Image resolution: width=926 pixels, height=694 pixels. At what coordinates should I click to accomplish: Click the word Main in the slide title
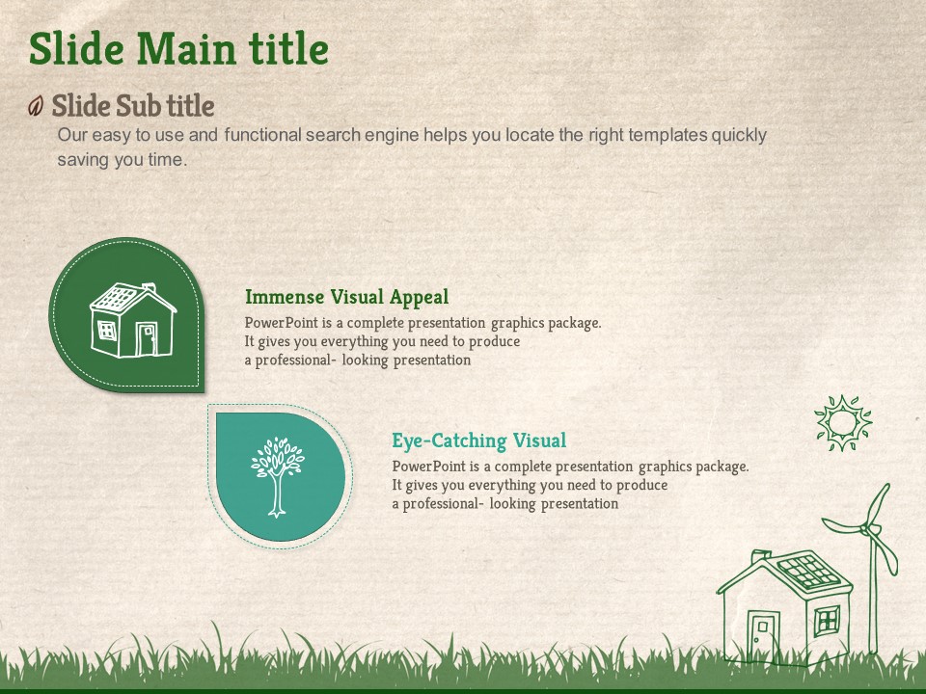186,48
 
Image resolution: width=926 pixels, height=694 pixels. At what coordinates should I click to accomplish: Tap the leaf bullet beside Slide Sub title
36,106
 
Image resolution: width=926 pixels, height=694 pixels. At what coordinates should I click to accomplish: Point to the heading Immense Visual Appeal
346,297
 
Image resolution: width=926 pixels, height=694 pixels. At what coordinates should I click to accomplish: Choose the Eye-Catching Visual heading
479,440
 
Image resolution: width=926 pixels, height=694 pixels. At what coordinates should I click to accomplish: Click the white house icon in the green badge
132,320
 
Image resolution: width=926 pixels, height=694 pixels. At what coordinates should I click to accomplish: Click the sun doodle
843,423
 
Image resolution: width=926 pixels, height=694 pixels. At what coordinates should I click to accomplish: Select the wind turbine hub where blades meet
867,529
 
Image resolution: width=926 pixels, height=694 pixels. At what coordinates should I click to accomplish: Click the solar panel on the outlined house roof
808,571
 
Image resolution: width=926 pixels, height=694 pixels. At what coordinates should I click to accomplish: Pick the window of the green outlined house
827,621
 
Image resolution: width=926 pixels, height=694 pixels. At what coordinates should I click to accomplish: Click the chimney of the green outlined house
760,556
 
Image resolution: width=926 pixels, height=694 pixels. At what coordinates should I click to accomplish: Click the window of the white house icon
107,331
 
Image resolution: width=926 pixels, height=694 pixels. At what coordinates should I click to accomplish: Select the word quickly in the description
739,135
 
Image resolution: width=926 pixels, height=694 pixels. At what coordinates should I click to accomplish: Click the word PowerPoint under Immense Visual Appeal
281,323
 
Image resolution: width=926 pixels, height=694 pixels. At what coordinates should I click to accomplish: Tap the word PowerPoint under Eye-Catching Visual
428,467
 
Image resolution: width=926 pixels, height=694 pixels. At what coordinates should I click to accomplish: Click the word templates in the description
667,135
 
